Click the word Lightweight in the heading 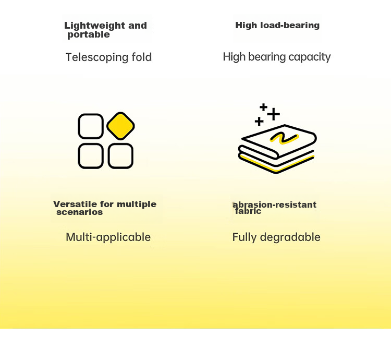[x=95, y=26]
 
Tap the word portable [x=89, y=34]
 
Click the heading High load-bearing [x=277, y=26]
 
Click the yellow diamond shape [x=121, y=126]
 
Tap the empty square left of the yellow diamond [x=91, y=126]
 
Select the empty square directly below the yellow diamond [x=121, y=156]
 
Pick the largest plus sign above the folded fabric [x=274, y=114]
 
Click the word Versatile [x=75, y=204]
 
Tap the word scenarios [x=80, y=212]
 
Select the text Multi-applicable [x=108, y=237]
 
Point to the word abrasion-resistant [x=274, y=205]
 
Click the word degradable [x=290, y=237]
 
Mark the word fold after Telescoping [x=142, y=57]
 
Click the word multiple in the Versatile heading [x=137, y=205]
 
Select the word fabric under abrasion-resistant [x=248, y=211]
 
